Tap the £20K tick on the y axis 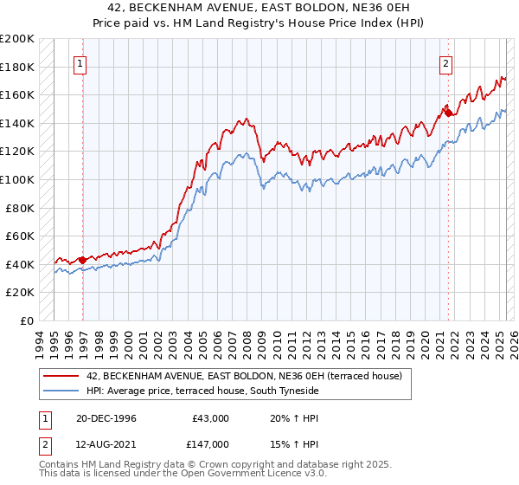click(20, 292)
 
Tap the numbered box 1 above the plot click(80, 62)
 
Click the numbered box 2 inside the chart click(445, 62)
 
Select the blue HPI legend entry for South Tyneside click(202, 391)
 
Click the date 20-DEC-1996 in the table click(106, 417)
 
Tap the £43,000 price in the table click(211, 417)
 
